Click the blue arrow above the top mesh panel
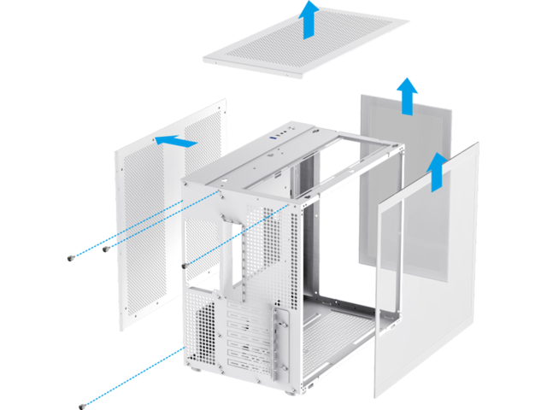click(x=309, y=19)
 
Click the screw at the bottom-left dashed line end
click(x=82, y=405)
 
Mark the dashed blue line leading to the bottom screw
click(x=132, y=376)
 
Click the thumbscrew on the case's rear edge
click(x=186, y=262)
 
